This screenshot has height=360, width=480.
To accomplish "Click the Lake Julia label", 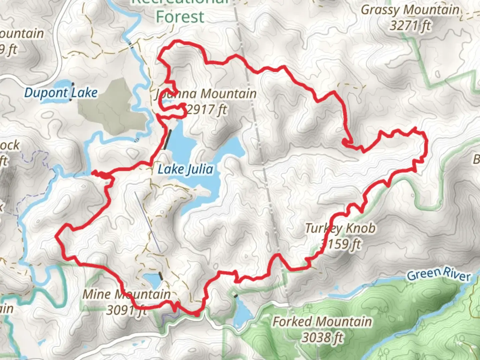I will pyautogui.click(x=185, y=169).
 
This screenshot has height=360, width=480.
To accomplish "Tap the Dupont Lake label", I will pyautogui.click(x=61, y=93).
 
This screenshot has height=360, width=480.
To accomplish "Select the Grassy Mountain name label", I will pyautogui.click(x=410, y=10).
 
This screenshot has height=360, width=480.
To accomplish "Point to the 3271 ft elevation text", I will pyautogui.click(x=410, y=25).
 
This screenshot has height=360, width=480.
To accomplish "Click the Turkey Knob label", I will pyautogui.click(x=340, y=228).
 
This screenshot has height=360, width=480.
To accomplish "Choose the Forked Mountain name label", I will pyautogui.click(x=322, y=322).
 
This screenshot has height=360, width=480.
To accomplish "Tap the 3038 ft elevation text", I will pyautogui.click(x=322, y=337).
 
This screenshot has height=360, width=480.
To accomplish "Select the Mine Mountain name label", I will pyautogui.click(x=126, y=294).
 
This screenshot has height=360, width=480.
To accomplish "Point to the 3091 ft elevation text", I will pyautogui.click(x=126, y=310).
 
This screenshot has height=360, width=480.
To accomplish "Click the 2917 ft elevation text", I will pyautogui.click(x=207, y=109).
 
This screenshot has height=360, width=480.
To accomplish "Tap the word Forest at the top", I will pyautogui.click(x=180, y=17).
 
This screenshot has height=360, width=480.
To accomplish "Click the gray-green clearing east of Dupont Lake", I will pyautogui.click(x=110, y=107).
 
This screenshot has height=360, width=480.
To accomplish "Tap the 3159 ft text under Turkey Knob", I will pyautogui.click(x=340, y=244).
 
